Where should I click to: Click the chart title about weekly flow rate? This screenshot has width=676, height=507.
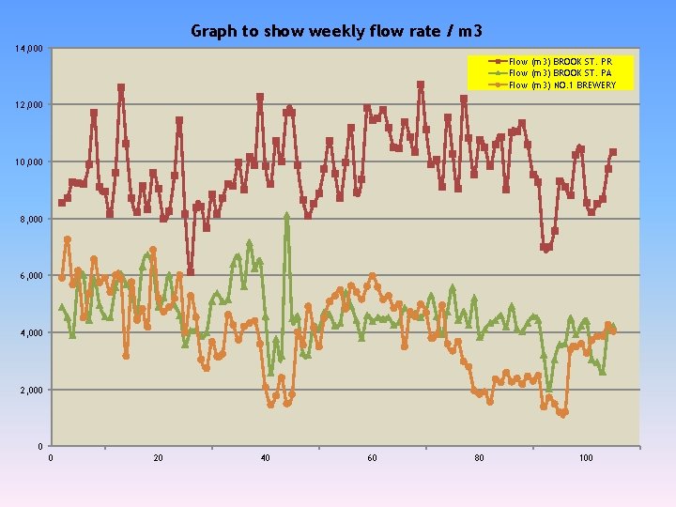pyautogui.click(x=337, y=31)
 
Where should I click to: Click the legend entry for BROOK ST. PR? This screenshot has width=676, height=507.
pyautogui.click(x=560, y=61)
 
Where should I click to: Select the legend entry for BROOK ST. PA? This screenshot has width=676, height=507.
pyautogui.click(x=560, y=72)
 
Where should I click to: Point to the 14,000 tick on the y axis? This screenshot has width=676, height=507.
pyautogui.click(x=27, y=48)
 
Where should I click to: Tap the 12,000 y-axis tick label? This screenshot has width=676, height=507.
pyautogui.click(x=27, y=104)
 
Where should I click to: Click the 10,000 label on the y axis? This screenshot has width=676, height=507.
pyautogui.click(x=27, y=162)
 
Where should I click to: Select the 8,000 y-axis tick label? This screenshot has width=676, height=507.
pyautogui.click(x=29, y=219)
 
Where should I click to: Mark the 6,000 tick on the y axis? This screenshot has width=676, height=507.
pyautogui.click(x=29, y=276)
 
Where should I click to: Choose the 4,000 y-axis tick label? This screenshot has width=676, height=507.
pyautogui.click(x=29, y=332)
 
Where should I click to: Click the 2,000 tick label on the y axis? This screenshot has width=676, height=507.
pyautogui.click(x=29, y=390)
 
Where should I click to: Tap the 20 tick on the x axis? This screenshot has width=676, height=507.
pyautogui.click(x=158, y=458)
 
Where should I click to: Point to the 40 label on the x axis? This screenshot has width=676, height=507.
pyautogui.click(x=266, y=458)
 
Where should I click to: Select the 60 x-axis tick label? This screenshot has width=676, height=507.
pyautogui.click(x=372, y=458)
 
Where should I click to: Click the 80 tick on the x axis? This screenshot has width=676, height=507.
pyautogui.click(x=479, y=458)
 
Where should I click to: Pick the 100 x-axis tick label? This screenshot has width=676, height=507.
pyautogui.click(x=586, y=458)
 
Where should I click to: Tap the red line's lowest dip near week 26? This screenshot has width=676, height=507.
pyautogui.click(x=190, y=272)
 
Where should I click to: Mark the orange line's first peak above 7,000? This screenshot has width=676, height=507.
pyautogui.click(x=68, y=240)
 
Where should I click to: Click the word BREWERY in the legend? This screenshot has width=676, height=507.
pyautogui.click(x=596, y=84)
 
